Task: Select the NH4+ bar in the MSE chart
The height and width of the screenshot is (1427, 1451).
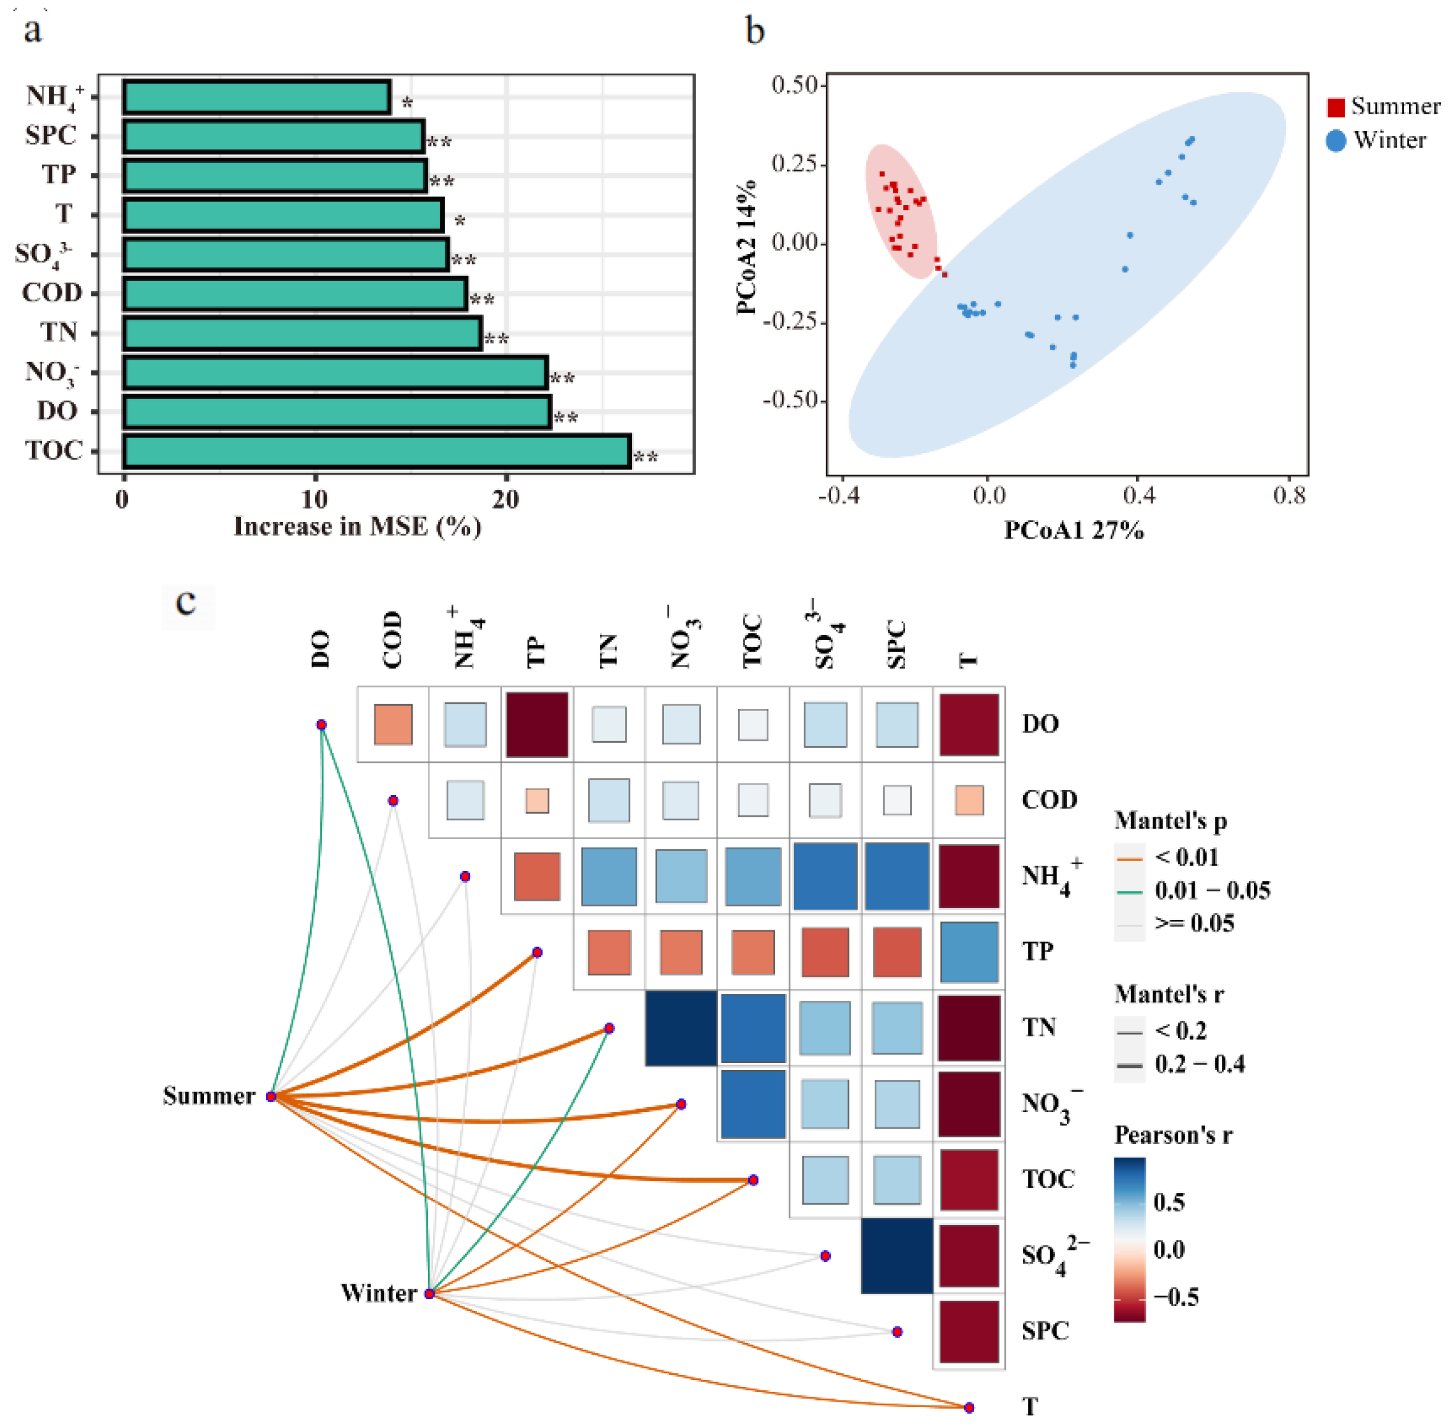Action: click(256, 98)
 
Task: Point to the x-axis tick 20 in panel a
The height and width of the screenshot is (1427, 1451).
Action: click(505, 500)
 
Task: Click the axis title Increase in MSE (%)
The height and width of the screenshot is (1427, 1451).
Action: click(357, 527)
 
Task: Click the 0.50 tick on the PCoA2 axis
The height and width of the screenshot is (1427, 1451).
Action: click(794, 85)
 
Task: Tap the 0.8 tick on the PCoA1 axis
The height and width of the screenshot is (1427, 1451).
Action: click(1289, 495)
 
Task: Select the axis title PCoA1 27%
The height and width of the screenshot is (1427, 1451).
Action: click(1073, 531)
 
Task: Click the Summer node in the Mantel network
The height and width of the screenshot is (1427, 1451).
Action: click(271, 1097)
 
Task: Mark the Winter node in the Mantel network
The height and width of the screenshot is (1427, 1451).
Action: click(429, 1294)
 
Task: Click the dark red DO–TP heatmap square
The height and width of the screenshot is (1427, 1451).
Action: click(537, 724)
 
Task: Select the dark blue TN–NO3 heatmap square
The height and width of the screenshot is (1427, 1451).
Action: click(681, 1027)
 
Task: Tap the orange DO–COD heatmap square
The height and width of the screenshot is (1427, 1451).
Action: click(393, 724)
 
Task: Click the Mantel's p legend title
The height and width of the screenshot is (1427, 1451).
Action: click(1170, 820)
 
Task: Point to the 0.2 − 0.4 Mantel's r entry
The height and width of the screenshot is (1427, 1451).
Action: click(1199, 1064)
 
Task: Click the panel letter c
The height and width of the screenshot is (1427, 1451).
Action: click(186, 602)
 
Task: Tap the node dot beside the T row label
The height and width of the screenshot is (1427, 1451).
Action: click(969, 1407)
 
